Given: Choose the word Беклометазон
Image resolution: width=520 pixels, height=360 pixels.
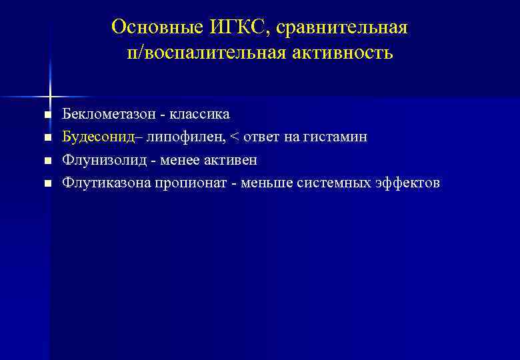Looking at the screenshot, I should pos(107,114).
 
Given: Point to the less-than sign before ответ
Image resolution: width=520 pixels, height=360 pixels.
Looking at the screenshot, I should pos(234,137).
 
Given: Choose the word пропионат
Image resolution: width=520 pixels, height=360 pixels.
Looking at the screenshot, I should pos(189,183).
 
